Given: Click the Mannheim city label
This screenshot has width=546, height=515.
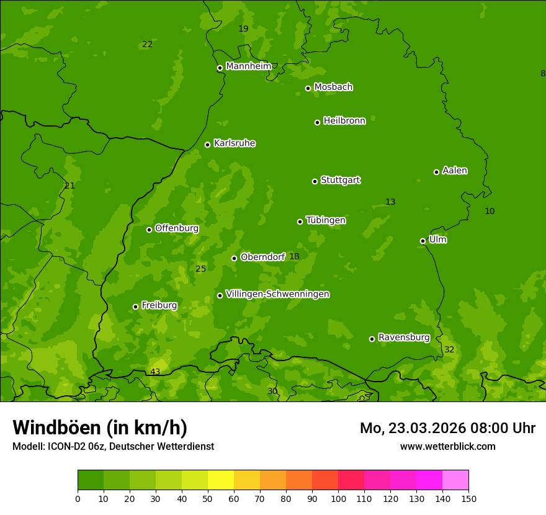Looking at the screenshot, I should (248, 66).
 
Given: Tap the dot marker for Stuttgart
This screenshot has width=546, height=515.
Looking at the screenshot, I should (315, 181).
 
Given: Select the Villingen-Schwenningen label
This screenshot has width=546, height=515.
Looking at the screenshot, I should (277, 294).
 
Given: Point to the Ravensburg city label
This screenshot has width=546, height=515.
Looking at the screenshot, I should (403, 338).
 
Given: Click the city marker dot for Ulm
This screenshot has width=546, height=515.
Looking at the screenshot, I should (423, 241).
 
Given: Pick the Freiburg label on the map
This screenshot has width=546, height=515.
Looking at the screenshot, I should (159, 305).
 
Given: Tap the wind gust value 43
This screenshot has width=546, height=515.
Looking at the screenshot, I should (155, 372).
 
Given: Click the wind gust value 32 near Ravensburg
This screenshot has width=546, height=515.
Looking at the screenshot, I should (449, 350).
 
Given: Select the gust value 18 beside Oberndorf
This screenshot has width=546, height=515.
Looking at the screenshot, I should (294, 257).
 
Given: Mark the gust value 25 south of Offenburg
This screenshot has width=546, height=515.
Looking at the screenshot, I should (200, 269).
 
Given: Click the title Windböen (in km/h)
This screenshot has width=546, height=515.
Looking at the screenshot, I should (100, 428).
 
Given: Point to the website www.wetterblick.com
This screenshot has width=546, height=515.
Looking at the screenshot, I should (447, 447).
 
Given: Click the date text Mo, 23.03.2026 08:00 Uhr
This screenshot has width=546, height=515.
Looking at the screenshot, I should (447, 428).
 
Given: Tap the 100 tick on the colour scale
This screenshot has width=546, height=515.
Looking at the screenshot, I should (338, 498).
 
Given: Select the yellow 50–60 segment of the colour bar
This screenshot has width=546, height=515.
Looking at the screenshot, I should (221, 480).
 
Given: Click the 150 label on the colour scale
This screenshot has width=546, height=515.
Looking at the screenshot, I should (468, 498).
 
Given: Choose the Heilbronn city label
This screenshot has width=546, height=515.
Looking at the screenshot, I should (344, 121).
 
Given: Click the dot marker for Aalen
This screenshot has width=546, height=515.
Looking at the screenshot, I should (436, 172).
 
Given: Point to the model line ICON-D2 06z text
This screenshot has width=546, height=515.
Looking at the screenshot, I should (113, 447).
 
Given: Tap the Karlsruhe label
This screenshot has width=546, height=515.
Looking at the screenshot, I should (234, 143).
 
